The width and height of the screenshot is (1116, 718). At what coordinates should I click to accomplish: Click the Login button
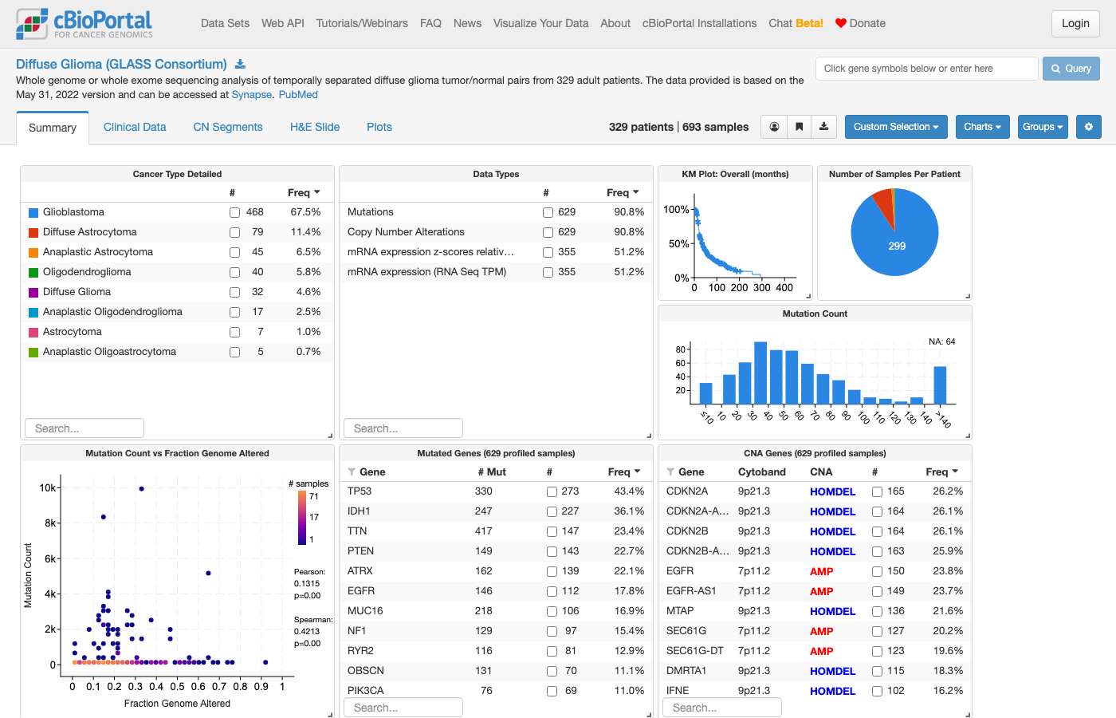pyautogui.click(x=1075, y=23)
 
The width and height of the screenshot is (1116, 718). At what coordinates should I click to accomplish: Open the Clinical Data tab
pyautogui.click(x=135, y=127)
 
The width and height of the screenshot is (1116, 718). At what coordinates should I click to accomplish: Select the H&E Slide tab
pyautogui.click(x=315, y=127)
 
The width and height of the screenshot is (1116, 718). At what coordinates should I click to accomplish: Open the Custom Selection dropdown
pyautogui.click(x=896, y=127)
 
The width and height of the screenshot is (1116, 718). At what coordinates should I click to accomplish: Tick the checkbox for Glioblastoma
pyautogui.click(x=234, y=212)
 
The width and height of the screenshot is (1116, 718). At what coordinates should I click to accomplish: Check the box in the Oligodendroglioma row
pyautogui.click(x=234, y=272)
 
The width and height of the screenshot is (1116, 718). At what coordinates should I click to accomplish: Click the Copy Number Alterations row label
pyautogui.click(x=406, y=232)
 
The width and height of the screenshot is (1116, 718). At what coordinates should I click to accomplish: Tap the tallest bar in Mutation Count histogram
pyautogui.click(x=760, y=373)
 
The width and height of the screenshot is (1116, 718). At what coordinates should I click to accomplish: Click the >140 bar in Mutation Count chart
pyautogui.click(x=940, y=385)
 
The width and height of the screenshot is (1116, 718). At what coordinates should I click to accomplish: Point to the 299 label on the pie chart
pyautogui.click(x=897, y=246)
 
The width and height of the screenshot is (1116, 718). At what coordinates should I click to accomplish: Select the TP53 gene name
pyautogui.click(x=360, y=491)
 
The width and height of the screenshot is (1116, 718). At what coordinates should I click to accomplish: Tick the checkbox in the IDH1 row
pyautogui.click(x=552, y=511)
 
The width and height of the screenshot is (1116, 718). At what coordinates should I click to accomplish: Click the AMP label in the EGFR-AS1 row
pyautogui.click(x=822, y=591)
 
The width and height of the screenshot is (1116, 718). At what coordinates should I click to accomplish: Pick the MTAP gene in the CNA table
pyautogui.click(x=679, y=611)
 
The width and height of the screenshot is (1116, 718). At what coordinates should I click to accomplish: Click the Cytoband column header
pyautogui.click(x=762, y=471)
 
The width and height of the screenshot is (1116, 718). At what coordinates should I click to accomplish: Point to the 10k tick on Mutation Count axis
pyautogui.click(x=48, y=487)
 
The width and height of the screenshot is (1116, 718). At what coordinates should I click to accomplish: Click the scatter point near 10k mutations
pyautogui.click(x=142, y=488)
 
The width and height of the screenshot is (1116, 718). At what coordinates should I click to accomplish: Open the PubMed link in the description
pyautogui.click(x=298, y=95)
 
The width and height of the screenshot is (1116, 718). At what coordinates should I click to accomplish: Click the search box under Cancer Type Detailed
pyautogui.click(x=84, y=428)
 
